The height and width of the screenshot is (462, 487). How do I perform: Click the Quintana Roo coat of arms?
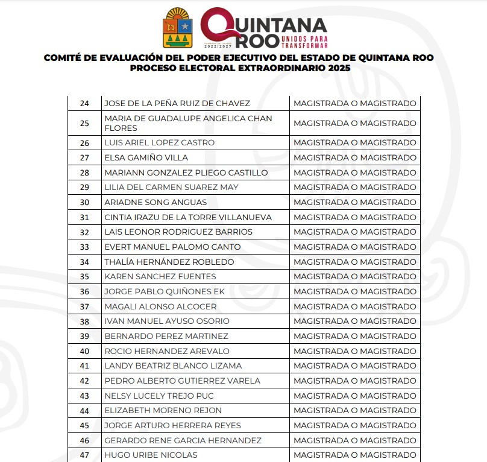point(178,28)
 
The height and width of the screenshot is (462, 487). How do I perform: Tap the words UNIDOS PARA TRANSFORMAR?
point(304,42)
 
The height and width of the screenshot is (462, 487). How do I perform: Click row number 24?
point(84,104)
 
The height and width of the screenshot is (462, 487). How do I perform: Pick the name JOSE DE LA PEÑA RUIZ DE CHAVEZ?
point(177,104)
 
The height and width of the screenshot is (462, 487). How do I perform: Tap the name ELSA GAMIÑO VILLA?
point(146,158)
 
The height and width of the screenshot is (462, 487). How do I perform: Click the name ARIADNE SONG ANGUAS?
point(156,203)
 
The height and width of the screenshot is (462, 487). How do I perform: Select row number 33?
point(84,247)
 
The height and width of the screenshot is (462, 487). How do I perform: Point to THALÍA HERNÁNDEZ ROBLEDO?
point(169,262)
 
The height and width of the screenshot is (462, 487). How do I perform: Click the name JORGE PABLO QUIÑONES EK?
point(165,292)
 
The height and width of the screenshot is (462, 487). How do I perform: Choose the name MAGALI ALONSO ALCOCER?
point(160,306)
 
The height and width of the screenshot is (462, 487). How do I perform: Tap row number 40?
point(84,351)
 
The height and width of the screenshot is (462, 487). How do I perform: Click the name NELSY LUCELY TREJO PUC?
point(159,396)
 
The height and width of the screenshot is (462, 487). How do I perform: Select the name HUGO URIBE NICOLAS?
point(151,455)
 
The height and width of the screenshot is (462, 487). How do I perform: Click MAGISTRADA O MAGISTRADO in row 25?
point(354,123)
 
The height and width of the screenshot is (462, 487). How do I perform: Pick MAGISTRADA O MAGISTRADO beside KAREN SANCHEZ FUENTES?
point(354,277)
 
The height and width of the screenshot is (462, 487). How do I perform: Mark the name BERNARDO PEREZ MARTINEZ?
point(166,336)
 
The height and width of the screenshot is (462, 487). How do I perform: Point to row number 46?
point(84,440)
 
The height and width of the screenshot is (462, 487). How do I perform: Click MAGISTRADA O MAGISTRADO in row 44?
point(354,411)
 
